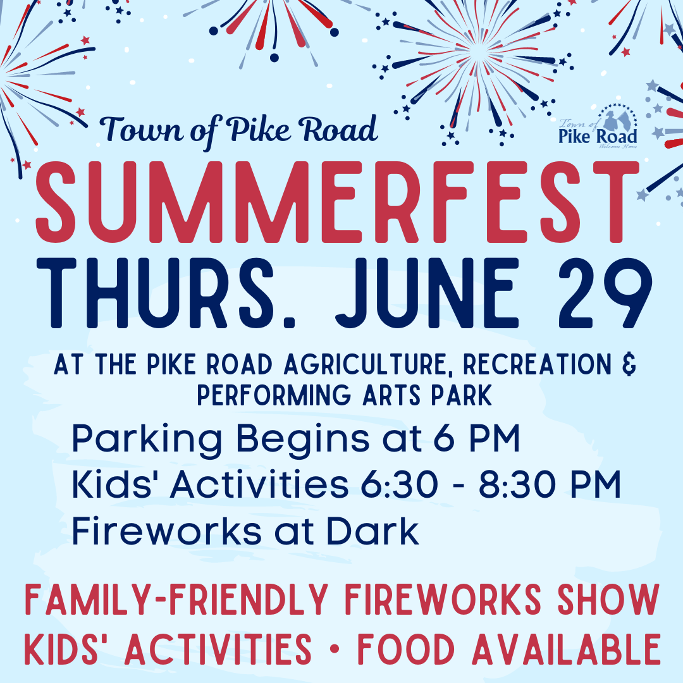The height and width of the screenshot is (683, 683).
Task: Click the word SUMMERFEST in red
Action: tap(337, 202)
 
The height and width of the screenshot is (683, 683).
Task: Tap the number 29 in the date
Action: tap(605, 293)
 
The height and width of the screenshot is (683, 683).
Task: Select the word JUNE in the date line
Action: tap(427, 293)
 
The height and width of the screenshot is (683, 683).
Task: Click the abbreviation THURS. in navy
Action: tap(166, 293)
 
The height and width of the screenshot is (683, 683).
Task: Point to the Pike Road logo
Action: tap(598, 126)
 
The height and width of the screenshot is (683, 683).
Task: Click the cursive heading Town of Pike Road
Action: tap(238, 130)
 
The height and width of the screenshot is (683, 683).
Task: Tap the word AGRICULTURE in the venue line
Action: tap(367, 365)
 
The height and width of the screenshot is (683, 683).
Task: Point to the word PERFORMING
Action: tap(274, 395)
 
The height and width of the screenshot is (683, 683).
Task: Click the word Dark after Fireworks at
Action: tap(373, 531)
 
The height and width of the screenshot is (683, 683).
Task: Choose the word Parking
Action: tap(147, 440)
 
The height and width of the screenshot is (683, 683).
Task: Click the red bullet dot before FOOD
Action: tap(335, 649)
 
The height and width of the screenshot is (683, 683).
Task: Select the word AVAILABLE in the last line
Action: tap(566, 649)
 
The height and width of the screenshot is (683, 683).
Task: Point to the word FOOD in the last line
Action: tap(406, 649)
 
